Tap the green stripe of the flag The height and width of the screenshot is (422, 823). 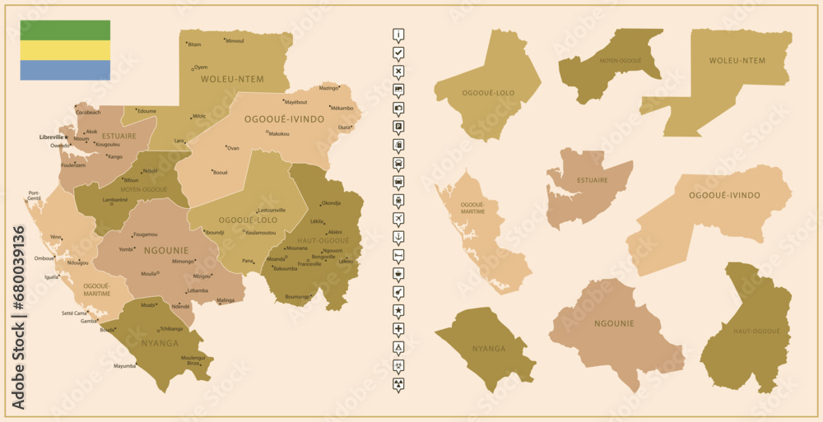point(65,30)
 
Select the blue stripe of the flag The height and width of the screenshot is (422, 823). point(65,70)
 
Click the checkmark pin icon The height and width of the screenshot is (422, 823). point(399,53)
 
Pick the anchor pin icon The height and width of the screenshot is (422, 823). point(399,237)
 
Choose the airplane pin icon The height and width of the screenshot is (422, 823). point(399,218)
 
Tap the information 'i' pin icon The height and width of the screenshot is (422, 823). point(399,35)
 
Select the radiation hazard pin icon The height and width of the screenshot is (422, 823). point(399,384)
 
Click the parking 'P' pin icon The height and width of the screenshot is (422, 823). point(399,127)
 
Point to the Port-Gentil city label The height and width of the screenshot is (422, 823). point(34,196)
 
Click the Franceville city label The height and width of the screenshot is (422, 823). point(309,264)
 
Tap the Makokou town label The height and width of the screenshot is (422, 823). point(279,133)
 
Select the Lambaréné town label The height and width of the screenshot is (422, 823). point(114,200)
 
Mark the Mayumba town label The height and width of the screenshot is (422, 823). point(124,366)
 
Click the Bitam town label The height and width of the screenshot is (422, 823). point(194,44)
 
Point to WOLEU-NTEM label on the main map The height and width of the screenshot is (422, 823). point(232,79)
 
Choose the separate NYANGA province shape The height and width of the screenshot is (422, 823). point(487,349)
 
